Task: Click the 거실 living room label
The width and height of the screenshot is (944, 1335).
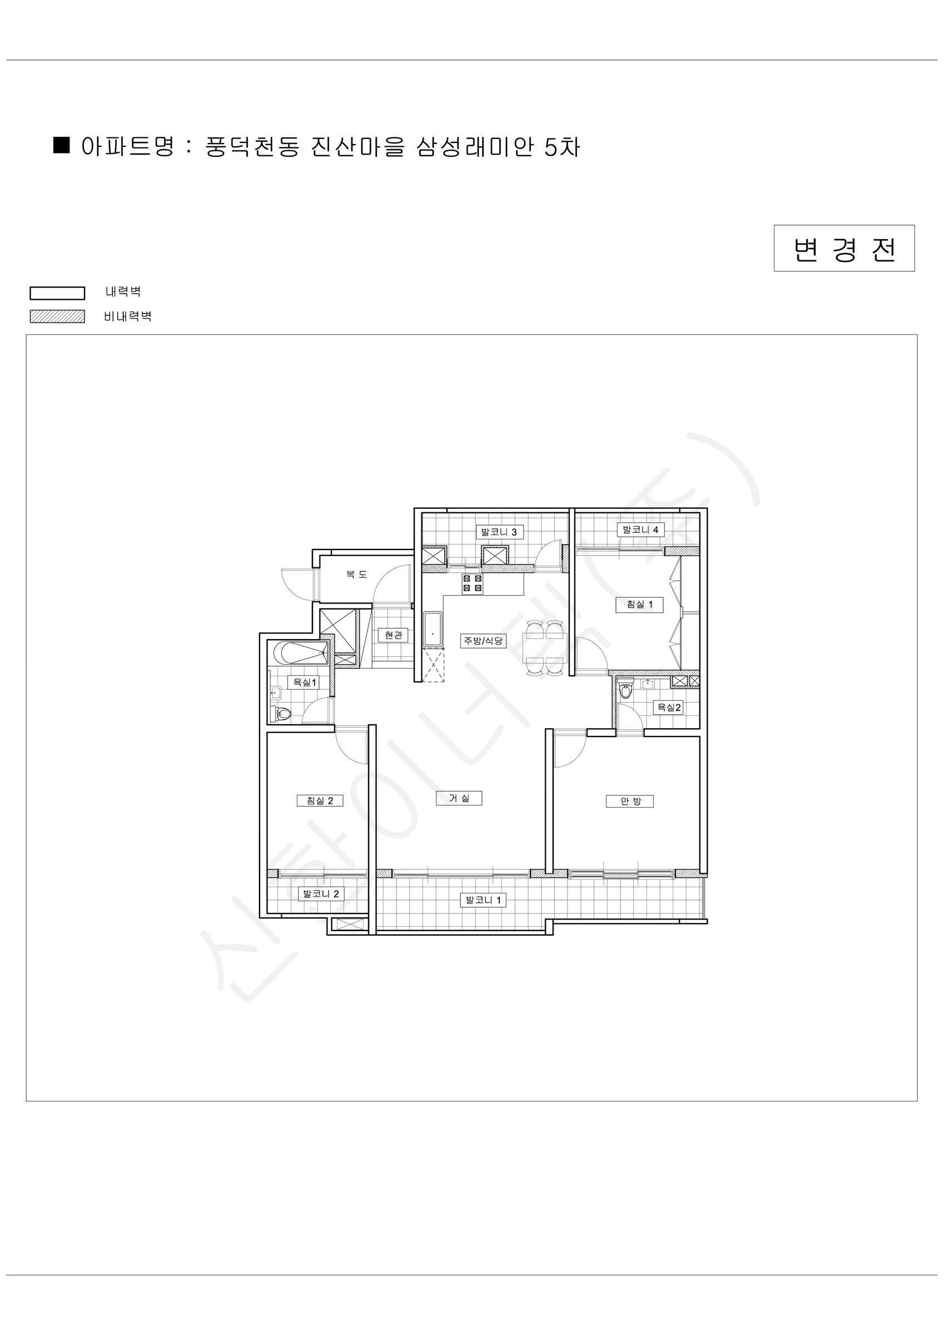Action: coord(459,798)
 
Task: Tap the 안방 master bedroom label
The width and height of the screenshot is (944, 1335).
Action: coord(630,801)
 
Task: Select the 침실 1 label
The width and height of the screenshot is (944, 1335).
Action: coord(639,605)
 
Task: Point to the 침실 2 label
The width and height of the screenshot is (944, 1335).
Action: coord(320,800)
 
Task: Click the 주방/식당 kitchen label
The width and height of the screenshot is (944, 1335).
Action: coord(483,641)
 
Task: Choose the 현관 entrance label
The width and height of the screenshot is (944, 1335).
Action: coord(393,635)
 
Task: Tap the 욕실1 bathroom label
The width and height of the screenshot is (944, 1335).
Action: coord(304,682)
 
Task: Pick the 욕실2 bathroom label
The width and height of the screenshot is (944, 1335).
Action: coord(668,708)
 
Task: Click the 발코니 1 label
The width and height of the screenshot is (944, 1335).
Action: coord(483,900)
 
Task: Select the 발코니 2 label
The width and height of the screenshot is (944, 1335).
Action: coord(321,894)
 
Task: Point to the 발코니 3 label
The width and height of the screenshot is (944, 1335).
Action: coord(499,532)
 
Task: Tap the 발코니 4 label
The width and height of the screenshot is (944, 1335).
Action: coord(640,530)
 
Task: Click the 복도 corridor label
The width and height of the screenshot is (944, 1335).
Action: coord(356,575)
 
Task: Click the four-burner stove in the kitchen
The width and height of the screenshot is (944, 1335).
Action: coord(472,584)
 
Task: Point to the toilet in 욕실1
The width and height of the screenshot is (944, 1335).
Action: coord(281,714)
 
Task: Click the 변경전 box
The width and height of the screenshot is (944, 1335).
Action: coord(844,248)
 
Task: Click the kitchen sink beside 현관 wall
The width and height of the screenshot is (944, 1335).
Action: coord(433,629)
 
